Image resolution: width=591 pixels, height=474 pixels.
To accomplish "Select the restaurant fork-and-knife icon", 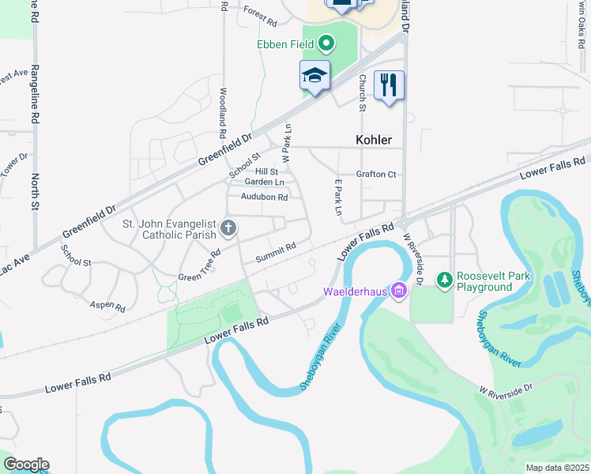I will click(x=388, y=85).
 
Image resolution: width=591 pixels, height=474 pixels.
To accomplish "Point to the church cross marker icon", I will click(x=228, y=229).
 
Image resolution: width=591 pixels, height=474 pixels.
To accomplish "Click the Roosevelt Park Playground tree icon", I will click(x=444, y=280).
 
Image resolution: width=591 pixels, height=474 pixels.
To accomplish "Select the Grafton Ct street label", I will click(x=375, y=174).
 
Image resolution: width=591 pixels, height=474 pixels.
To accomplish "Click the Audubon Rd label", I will click(x=264, y=197).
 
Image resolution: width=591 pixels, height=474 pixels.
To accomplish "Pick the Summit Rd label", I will click(x=276, y=253).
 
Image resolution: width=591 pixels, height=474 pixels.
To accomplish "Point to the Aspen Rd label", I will click(x=107, y=305).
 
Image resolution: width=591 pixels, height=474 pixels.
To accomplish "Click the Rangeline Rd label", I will click(x=35, y=94).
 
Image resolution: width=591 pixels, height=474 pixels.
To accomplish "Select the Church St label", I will click(x=363, y=92).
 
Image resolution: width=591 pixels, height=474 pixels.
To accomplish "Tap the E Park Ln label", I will click(x=338, y=197).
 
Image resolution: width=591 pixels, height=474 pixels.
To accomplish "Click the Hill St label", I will click(x=266, y=171).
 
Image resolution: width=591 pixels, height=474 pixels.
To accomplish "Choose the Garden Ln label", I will click(x=264, y=182).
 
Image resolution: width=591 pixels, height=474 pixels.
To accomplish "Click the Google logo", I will click(x=26, y=465).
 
